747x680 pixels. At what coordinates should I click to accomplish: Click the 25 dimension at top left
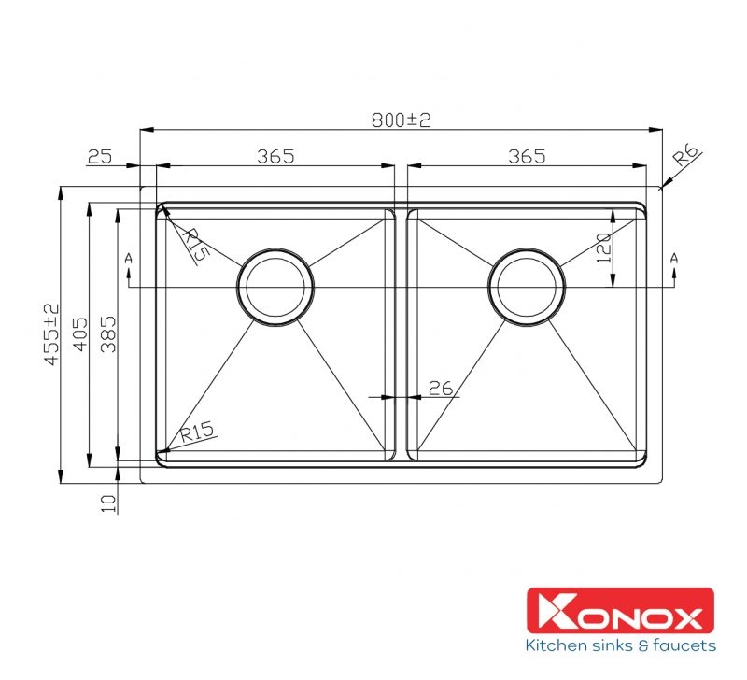pyautogui.click(x=99, y=156)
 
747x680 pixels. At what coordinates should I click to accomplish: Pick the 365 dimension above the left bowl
pyautogui.click(x=275, y=156)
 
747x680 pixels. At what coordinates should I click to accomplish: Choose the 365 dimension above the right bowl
pyautogui.click(x=527, y=156)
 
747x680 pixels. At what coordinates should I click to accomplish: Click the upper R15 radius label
pyautogui.click(x=194, y=245)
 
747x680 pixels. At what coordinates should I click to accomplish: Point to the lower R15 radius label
pyautogui.click(x=198, y=432)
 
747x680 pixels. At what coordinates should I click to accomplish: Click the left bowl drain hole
pyautogui.click(x=275, y=287)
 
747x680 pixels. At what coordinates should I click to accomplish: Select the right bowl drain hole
pyautogui.click(x=527, y=287)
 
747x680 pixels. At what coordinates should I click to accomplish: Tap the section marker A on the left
pyautogui.click(x=128, y=257)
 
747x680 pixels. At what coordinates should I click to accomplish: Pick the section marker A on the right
pyautogui.click(x=674, y=257)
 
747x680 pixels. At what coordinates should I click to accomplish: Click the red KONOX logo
pyautogui.click(x=620, y=613)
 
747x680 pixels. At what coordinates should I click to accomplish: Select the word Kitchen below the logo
pyautogui.click(x=557, y=645)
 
